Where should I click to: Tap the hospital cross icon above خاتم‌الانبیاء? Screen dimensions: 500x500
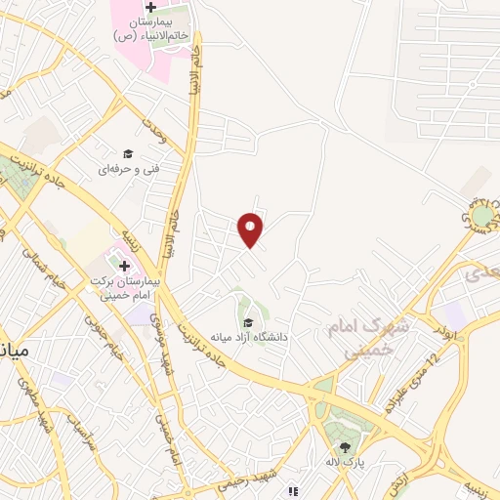pyautogui.click(x=163, y=8)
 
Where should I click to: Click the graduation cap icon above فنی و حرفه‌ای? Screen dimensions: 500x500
pyautogui.click(x=126, y=153)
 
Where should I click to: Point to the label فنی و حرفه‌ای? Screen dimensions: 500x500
pyautogui.click(x=128, y=169)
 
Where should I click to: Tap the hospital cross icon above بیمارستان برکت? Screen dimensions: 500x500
pyautogui.click(x=124, y=265)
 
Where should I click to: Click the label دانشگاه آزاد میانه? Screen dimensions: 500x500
pyautogui.click(x=256, y=337)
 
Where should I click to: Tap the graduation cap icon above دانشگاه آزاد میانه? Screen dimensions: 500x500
pyautogui.click(x=248, y=322)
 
